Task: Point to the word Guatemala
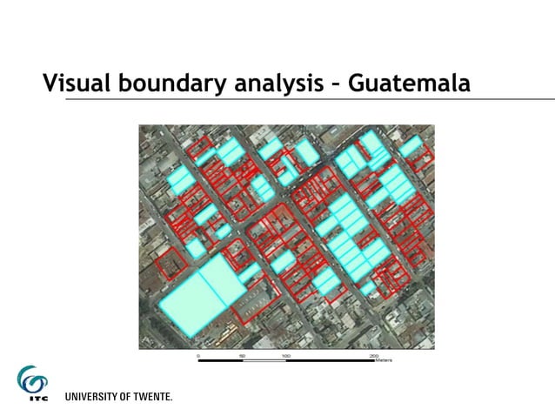(x=409, y=84)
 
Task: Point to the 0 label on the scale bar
(x=198, y=356)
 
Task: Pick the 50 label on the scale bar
(x=242, y=356)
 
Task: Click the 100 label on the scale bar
(x=285, y=356)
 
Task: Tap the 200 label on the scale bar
(x=373, y=356)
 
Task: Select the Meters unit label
(x=384, y=360)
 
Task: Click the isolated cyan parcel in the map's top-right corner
(x=411, y=146)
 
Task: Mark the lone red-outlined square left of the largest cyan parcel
(x=171, y=260)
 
